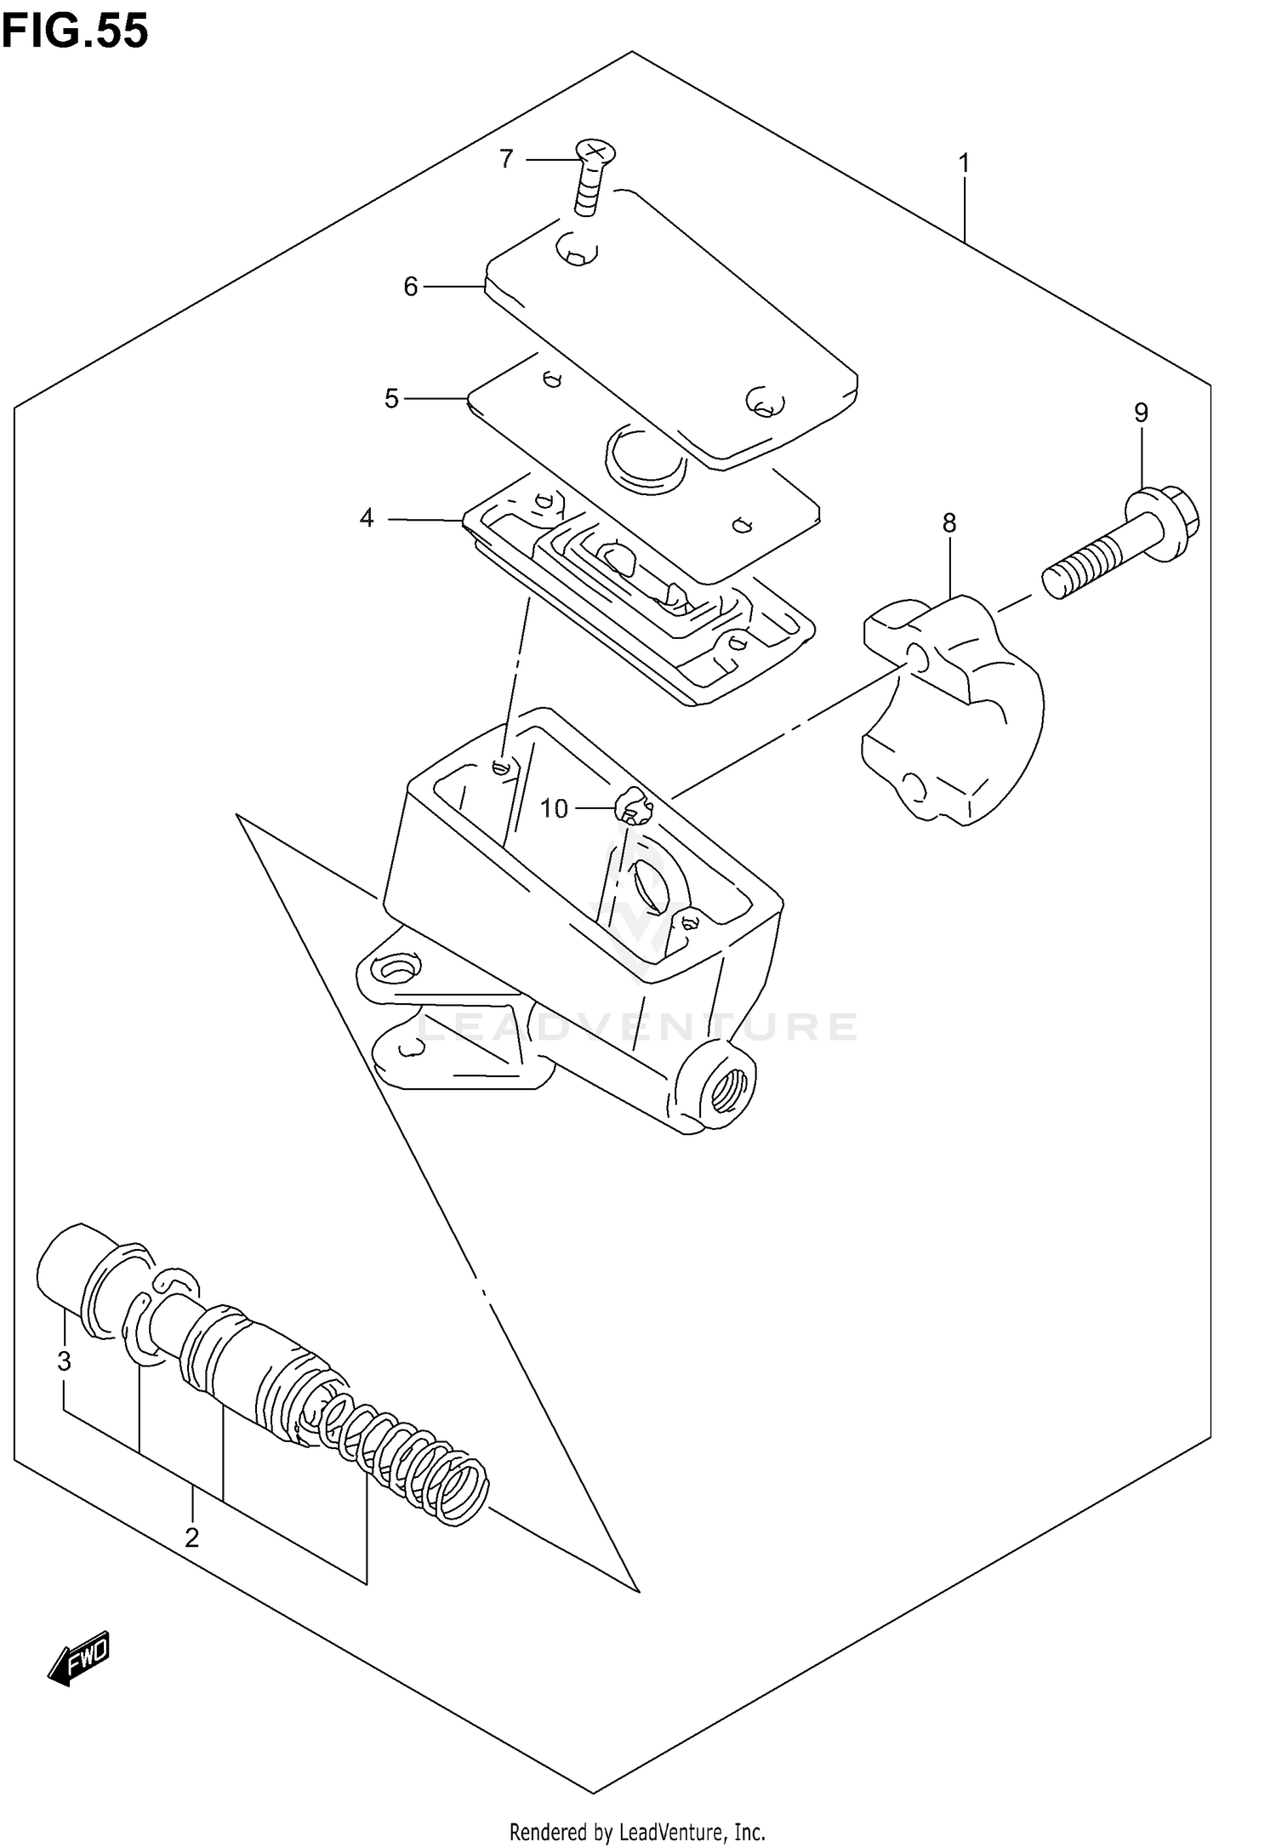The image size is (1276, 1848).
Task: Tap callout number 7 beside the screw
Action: pos(506,159)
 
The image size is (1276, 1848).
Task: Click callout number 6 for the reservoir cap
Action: pos(411,288)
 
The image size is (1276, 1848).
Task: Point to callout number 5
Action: pos(391,398)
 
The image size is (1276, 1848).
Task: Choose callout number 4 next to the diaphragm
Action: pos(367,518)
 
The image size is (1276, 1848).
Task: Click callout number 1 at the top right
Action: pos(964,163)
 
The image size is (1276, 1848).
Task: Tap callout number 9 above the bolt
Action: pos(1141,413)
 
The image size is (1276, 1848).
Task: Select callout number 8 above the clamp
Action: pos(949,523)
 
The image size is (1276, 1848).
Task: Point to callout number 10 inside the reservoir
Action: pos(554,808)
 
